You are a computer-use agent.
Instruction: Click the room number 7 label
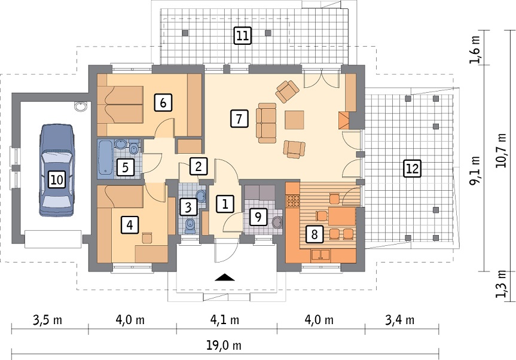point(239,118)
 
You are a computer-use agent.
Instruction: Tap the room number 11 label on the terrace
point(242,35)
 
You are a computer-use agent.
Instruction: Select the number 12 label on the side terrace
point(413,169)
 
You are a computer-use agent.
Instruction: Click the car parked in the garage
point(57,170)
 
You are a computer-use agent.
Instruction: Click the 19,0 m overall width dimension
point(224,346)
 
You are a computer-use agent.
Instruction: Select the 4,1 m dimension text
point(224,319)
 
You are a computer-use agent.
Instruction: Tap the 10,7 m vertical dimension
point(501,150)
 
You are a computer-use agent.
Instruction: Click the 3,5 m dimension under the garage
point(47,319)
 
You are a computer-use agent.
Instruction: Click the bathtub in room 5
point(106,157)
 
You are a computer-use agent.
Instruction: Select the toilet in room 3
point(190,225)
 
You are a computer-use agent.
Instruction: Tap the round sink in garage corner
point(80,106)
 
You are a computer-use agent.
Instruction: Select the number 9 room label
point(258,217)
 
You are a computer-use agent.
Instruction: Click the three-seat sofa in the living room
point(266,123)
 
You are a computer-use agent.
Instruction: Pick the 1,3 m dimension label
point(501,283)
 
